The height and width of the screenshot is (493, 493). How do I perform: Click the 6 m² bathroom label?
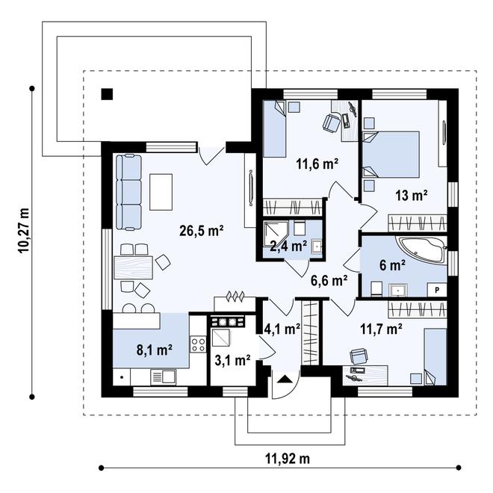(394, 264)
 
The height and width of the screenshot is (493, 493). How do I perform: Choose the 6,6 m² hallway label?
(329, 281)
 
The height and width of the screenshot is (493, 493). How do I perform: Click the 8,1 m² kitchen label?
(155, 348)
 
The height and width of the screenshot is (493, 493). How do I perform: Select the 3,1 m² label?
(232, 361)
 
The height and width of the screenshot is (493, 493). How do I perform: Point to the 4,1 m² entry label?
(282, 328)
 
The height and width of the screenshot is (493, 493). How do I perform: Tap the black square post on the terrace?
(108, 94)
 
